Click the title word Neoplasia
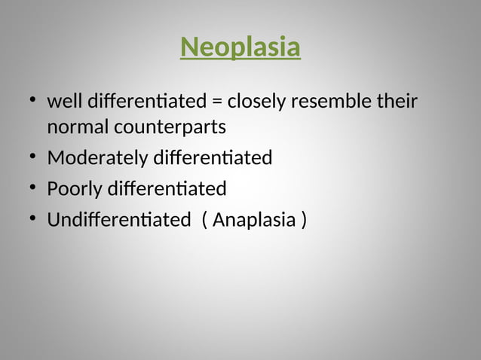240,47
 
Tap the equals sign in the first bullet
217,101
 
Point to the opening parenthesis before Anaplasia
205,221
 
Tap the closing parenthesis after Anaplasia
304,221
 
